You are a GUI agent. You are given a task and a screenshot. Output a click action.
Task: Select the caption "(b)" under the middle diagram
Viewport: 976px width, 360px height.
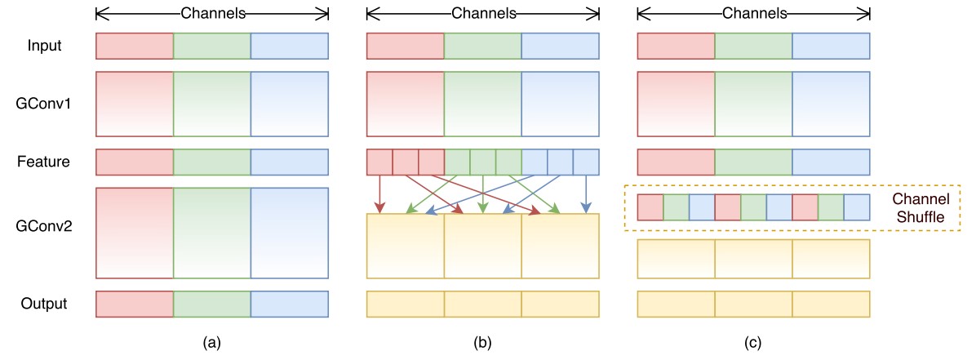(x=482, y=343)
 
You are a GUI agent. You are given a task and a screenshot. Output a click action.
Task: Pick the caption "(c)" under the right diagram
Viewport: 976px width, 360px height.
(x=752, y=343)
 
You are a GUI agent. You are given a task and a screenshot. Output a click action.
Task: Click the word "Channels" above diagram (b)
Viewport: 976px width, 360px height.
(x=482, y=13)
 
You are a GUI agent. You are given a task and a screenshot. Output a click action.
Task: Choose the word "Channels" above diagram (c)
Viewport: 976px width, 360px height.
(x=752, y=13)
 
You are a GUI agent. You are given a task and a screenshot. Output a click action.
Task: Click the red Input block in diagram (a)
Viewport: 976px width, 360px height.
(x=135, y=46)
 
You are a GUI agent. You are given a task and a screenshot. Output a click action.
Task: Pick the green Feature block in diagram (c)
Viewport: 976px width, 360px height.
(x=752, y=162)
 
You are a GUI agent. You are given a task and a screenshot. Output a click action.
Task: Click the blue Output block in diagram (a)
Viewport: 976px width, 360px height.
(x=289, y=304)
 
